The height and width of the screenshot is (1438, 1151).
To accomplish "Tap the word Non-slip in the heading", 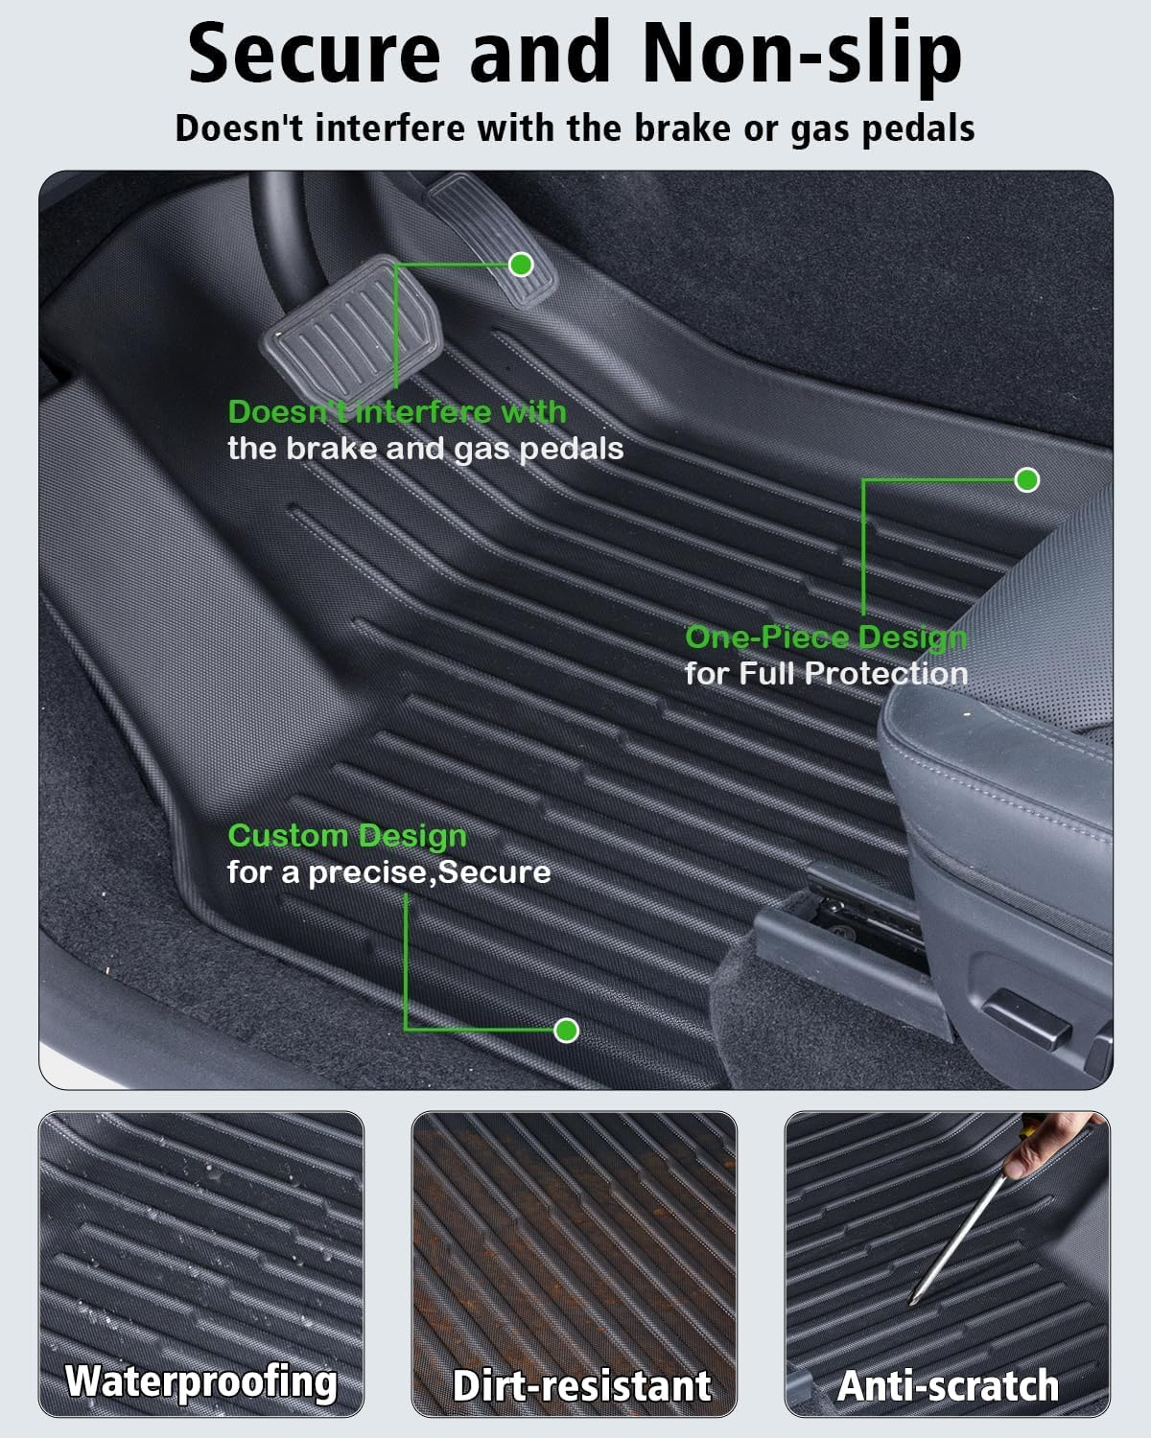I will (x=802, y=53).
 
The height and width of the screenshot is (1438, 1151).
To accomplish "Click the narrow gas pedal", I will (x=491, y=240).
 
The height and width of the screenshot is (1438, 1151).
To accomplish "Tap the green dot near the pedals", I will (x=521, y=264).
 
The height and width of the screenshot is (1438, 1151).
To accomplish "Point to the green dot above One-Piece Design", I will (x=1026, y=479).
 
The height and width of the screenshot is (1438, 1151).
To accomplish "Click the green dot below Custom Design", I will (x=567, y=1031).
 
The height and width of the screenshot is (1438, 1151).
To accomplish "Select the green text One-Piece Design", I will (x=826, y=637).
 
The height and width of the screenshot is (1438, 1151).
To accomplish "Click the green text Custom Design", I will (x=347, y=836).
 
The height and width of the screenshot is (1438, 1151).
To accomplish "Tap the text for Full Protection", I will (x=826, y=673).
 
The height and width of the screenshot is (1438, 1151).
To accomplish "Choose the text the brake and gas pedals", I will (x=425, y=449).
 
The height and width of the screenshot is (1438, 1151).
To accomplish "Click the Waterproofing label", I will (x=201, y=1381).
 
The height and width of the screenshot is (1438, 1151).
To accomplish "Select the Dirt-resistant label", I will (x=581, y=1386).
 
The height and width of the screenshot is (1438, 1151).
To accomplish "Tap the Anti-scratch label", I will (x=948, y=1386).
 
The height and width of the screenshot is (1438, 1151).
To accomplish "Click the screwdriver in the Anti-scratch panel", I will (x=959, y=1237).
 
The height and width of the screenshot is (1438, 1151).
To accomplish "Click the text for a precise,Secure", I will (x=388, y=872).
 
